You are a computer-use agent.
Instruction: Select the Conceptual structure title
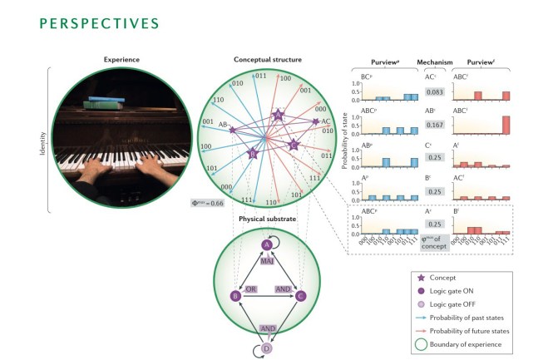268,59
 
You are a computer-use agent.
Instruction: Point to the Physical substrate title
267,219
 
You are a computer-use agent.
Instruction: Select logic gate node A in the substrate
267,244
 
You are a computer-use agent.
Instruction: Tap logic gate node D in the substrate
267,348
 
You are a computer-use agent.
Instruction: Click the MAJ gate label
268,261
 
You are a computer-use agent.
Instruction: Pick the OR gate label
248,288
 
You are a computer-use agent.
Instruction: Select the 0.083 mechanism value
437,91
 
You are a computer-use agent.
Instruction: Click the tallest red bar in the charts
506,124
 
